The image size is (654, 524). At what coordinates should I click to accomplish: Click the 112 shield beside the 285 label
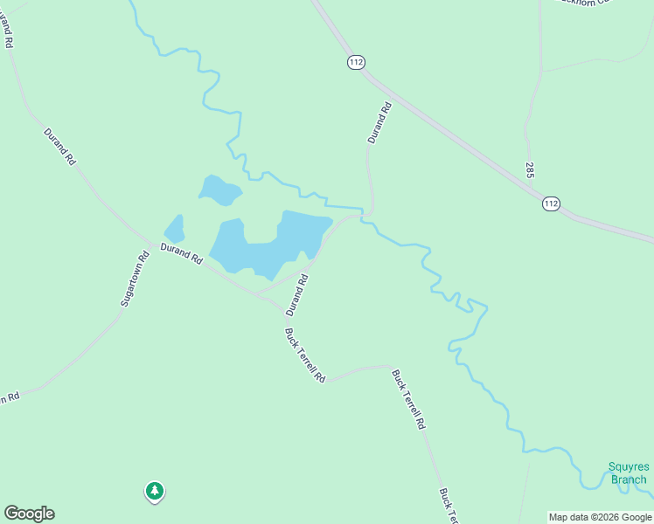550,203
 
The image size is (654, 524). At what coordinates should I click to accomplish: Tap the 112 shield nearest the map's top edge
355,62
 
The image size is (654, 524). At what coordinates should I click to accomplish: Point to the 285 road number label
531,170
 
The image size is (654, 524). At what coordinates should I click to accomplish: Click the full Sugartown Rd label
135,279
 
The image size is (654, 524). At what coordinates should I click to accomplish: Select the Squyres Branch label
629,472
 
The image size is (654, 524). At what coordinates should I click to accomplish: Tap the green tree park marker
155,492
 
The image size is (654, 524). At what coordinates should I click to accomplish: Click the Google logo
29,514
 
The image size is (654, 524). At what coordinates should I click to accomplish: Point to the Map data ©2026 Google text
600,517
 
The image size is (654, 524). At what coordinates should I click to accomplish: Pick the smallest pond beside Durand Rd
175,229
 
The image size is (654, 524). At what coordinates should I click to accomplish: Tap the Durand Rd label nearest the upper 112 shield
379,123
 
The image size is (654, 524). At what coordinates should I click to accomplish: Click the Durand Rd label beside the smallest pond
182,254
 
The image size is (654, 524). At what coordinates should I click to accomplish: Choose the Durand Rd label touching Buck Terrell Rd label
298,294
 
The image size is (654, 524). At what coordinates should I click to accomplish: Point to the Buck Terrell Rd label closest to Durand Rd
305,355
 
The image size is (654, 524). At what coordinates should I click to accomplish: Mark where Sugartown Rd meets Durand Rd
150,238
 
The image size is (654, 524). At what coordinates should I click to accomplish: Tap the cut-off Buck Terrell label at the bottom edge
448,506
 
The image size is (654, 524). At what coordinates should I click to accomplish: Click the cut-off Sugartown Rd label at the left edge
9,397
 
